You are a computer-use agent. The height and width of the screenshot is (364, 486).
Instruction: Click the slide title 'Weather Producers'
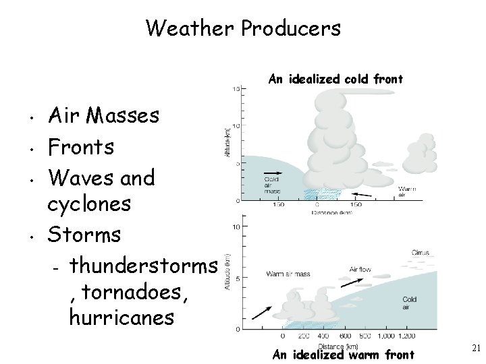pyautogui.click(x=243, y=28)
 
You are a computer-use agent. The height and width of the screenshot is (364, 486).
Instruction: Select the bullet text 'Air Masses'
pyautogui.click(x=104, y=116)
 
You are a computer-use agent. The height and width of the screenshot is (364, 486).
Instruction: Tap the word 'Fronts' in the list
pyautogui.click(x=82, y=146)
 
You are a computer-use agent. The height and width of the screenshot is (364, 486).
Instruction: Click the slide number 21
pyautogui.click(x=475, y=347)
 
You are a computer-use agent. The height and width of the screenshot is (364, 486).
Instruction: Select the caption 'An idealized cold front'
pyautogui.click(x=335, y=80)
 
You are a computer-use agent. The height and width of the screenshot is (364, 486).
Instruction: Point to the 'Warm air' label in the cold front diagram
pyautogui.click(x=406, y=191)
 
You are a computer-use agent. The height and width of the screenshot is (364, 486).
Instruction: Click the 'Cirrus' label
pyautogui.click(x=421, y=252)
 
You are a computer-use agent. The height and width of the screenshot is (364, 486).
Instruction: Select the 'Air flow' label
pyautogui.click(x=360, y=269)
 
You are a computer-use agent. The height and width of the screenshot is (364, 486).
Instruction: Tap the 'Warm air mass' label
pyautogui.click(x=288, y=274)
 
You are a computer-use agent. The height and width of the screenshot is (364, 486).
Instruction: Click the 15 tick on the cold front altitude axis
pyautogui.click(x=236, y=90)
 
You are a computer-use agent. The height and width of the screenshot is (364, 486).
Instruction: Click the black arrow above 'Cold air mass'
pyautogui.click(x=272, y=173)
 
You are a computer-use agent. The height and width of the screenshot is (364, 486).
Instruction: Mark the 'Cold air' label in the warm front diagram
pyautogui.click(x=409, y=303)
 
